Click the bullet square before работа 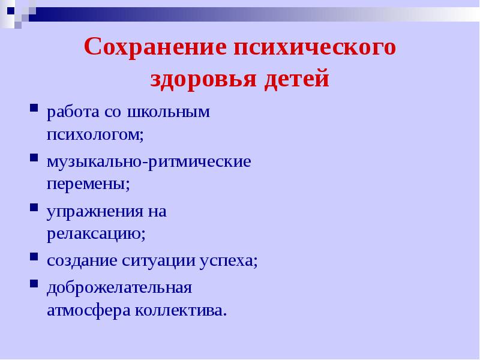point(33,110)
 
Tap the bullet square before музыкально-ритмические point(33,160)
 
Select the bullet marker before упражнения point(33,209)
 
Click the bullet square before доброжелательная point(33,284)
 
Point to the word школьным point(176,112)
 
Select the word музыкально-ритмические point(149,162)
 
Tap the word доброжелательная point(119,287)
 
